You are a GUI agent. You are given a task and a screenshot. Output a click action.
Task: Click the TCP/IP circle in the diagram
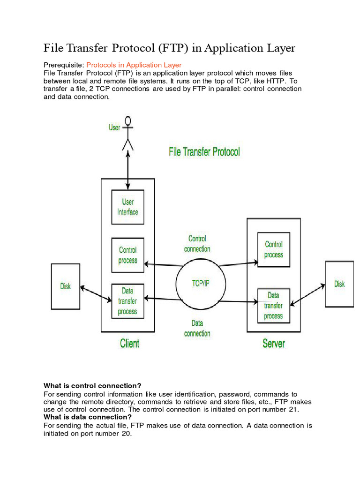197,284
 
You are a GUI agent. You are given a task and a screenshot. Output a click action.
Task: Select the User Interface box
127,207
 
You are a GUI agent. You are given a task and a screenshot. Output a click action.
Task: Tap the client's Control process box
127,255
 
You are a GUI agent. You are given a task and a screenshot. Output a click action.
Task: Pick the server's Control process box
273,249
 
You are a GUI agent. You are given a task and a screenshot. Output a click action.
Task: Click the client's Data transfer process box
127,301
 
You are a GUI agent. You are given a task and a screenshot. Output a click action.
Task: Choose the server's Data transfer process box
273,306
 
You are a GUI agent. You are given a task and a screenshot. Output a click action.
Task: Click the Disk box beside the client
66,286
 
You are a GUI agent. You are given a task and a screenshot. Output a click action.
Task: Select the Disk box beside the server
339,284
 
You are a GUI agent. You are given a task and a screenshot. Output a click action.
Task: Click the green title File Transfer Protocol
204,152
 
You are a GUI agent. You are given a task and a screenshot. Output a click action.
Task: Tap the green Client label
129,344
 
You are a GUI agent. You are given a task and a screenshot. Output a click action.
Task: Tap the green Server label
273,344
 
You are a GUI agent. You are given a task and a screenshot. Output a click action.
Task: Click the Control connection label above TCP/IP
197,244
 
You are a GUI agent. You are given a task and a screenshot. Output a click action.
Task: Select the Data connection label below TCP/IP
197,328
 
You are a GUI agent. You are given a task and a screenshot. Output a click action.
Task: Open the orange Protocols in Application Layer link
134,65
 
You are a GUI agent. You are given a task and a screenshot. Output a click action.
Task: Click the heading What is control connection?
92,386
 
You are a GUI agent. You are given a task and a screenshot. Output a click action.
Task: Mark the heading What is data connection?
88,417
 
